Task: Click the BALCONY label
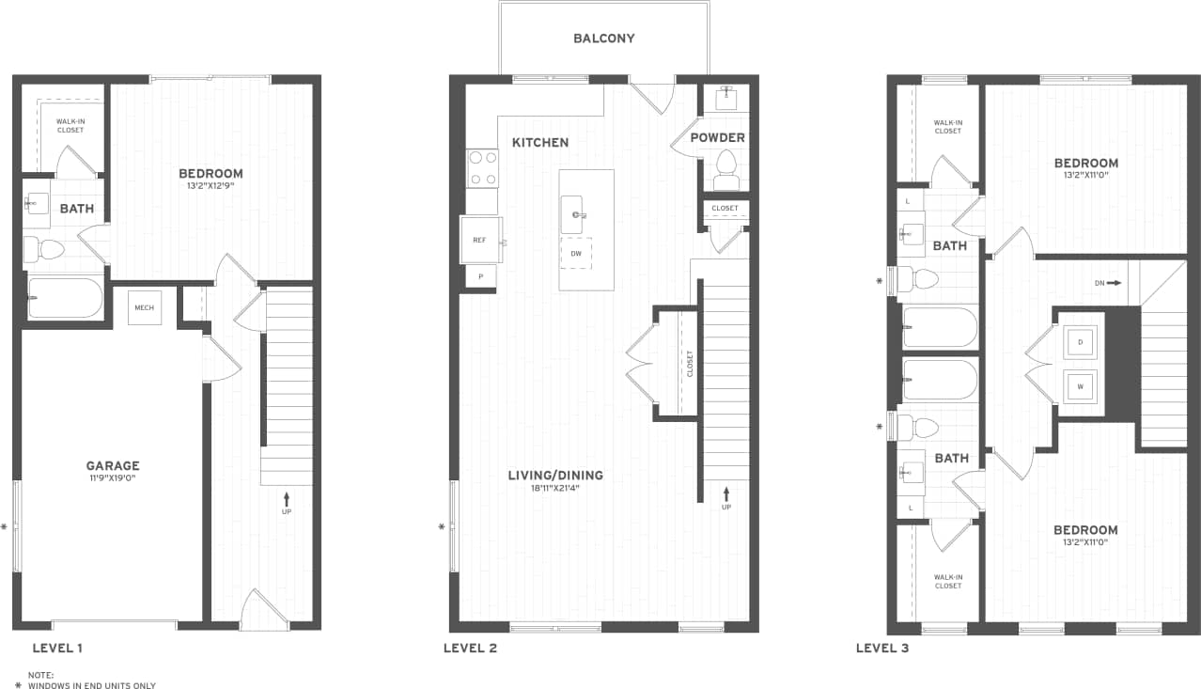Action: [x=604, y=39]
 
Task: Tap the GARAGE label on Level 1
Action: [x=113, y=465]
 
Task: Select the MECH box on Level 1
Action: [x=144, y=307]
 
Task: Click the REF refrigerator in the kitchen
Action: [x=480, y=241]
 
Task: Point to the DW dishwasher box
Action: [x=576, y=253]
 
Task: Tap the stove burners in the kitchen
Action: [x=483, y=168]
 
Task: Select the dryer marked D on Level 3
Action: [x=1080, y=343]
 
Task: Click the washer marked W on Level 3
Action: [x=1080, y=385]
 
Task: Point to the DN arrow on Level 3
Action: [x=1113, y=281]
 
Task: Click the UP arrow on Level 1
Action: [x=287, y=499]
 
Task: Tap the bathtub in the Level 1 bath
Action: [x=65, y=298]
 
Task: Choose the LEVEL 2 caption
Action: [x=470, y=648]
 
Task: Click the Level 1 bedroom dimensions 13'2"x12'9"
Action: [x=211, y=186]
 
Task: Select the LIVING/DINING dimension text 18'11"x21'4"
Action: [x=555, y=488]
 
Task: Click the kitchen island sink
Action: [x=572, y=215]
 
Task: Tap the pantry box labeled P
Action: [x=480, y=276]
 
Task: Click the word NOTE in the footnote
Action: [x=40, y=675]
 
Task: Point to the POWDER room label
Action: [x=717, y=138]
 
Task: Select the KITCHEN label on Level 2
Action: [x=539, y=143]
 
